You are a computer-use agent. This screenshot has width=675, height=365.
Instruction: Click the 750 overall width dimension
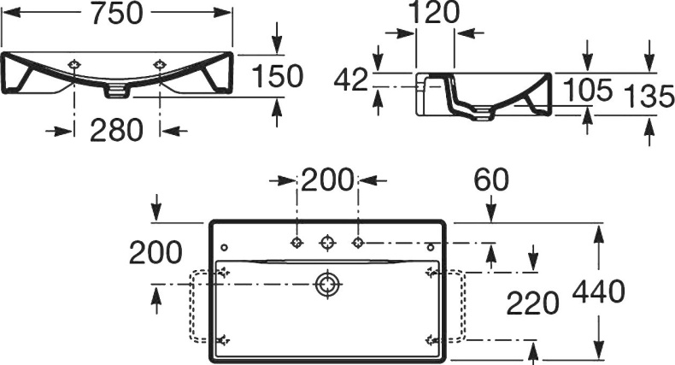(x=117, y=14)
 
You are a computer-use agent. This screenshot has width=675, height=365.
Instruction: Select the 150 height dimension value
(x=278, y=76)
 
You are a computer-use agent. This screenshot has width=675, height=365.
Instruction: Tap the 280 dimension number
(x=117, y=131)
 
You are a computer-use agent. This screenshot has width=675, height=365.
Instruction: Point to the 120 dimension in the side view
(x=434, y=13)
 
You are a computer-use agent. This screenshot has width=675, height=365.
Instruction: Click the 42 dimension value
(x=350, y=80)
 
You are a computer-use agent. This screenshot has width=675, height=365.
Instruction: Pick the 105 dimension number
(x=588, y=90)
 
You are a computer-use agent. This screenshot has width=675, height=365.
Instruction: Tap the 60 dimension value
(x=493, y=180)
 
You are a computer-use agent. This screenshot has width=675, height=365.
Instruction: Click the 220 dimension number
(x=534, y=302)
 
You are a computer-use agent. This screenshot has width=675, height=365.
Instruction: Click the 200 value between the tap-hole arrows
(x=327, y=180)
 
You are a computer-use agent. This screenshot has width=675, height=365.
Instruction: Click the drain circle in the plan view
(x=326, y=284)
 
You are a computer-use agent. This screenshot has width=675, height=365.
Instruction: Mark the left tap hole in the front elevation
(x=75, y=65)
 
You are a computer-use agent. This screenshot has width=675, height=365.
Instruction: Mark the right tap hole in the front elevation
(x=159, y=65)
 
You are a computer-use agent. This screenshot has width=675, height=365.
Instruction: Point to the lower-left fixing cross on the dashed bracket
(x=224, y=339)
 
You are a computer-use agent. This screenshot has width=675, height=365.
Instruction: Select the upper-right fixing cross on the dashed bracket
(x=430, y=274)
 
